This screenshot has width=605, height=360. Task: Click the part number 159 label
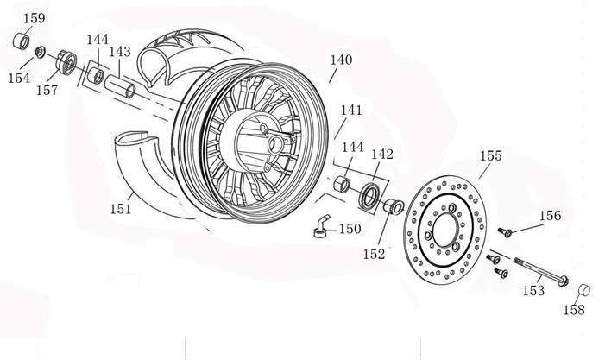click(34, 18)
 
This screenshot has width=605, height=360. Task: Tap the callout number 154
click(18, 78)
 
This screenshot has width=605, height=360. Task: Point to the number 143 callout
click(120, 52)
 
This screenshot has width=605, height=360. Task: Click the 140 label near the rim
click(341, 60)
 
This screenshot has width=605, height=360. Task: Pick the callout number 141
click(351, 111)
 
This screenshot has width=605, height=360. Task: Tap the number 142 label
click(382, 154)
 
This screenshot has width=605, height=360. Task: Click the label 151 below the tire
click(121, 208)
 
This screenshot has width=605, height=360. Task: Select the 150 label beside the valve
click(350, 229)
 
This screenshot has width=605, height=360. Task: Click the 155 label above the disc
click(490, 156)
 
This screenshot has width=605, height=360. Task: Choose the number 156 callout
click(550, 216)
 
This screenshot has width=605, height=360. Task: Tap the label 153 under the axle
click(533, 291)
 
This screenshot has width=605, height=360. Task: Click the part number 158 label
click(575, 310)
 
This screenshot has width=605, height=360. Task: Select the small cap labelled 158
click(583, 288)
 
